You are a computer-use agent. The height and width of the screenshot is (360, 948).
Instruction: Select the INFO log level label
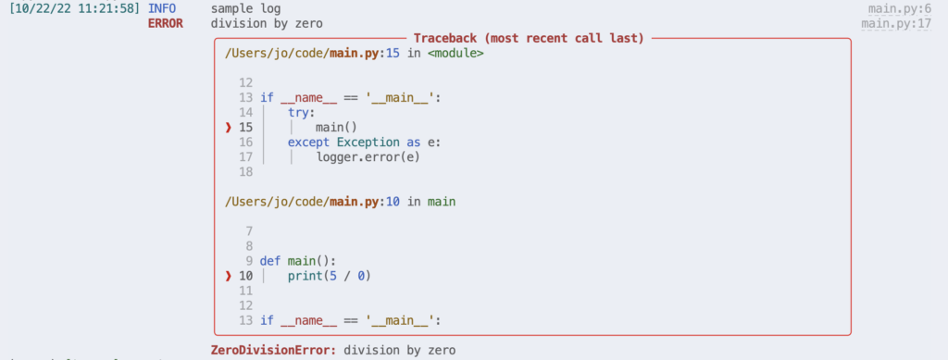[x=162, y=8]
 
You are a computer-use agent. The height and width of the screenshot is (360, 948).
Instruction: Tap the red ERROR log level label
[x=166, y=23]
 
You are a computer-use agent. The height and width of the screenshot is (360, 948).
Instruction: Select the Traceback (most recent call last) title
[x=529, y=38]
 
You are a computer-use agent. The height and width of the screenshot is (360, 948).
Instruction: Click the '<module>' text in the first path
[x=455, y=54]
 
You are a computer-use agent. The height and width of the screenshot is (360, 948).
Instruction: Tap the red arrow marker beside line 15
[x=228, y=127]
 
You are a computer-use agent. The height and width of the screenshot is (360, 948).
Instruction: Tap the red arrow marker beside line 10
[x=228, y=276]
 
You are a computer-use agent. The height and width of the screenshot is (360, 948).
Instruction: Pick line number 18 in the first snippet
[x=245, y=171]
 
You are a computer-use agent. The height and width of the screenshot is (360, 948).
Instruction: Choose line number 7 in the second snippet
[x=249, y=230]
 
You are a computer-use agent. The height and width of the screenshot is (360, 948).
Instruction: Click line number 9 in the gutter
[x=249, y=261]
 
